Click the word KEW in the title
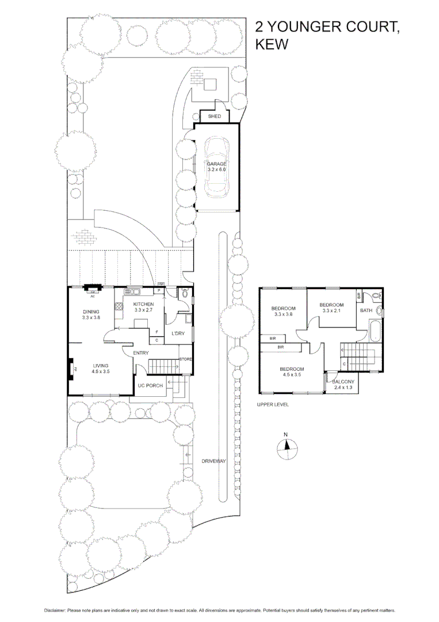pos(271,44)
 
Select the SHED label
pos(214,116)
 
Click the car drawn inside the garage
pos(217,167)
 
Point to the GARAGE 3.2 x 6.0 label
pos(217,167)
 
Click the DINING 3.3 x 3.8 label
pos(91,314)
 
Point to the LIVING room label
pos(101,369)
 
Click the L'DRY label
pos(178,334)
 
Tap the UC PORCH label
pos(150,385)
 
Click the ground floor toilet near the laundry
pos(184,293)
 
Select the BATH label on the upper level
pos(366,310)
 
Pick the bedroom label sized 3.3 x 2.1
pos(331,308)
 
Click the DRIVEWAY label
pos(213,461)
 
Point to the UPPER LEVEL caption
pos(273,405)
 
